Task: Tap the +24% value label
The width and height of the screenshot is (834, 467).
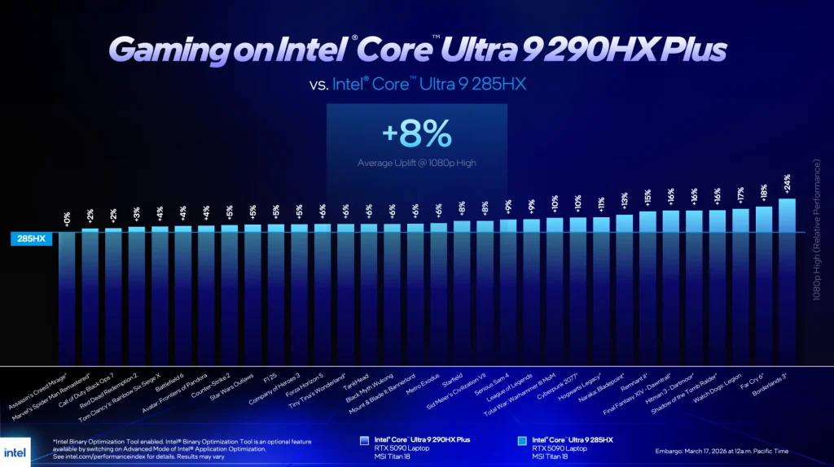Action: pos(788,183)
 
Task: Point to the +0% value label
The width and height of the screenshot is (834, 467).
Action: pos(67,217)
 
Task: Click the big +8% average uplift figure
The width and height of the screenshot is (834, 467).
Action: pos(416,132)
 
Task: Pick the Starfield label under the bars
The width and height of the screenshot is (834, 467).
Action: pos(453,378)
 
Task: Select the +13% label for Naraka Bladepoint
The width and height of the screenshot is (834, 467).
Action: pos(625,199)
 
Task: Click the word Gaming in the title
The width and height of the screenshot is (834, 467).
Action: pos(160,50)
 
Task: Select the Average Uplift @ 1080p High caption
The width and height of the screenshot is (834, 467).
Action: pos(416,163)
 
